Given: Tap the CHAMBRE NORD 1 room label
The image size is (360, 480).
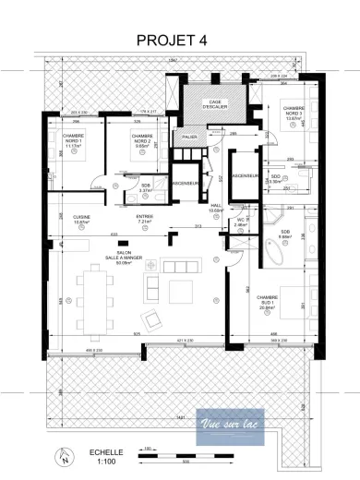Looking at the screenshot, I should point(74,140).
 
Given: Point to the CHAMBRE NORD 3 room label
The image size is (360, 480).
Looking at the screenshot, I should point(294,113).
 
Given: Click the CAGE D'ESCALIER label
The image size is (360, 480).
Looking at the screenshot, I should point(219,104).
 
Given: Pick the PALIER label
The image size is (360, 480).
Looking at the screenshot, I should point(189,136).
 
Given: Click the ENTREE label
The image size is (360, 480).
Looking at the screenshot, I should point(144,219).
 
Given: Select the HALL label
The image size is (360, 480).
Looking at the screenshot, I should point(216,209).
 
